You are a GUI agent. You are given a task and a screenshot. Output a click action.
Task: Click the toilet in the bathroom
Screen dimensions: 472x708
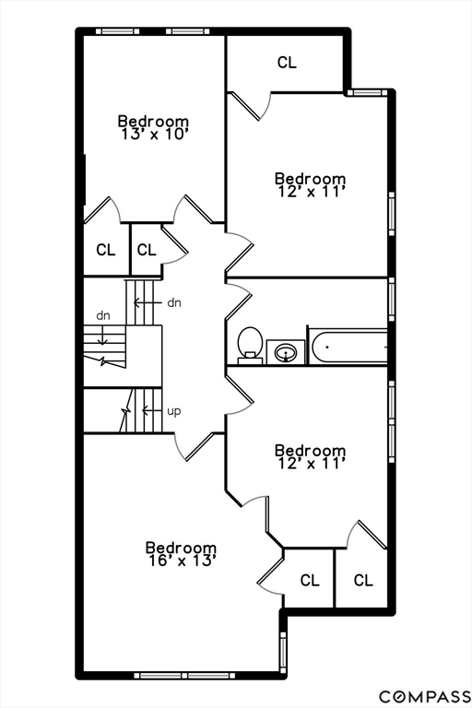[250, 346]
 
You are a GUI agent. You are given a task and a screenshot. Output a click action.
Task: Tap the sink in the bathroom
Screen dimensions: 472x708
[286, 352]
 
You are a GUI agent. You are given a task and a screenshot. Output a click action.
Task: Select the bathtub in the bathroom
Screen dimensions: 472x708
[348, 348]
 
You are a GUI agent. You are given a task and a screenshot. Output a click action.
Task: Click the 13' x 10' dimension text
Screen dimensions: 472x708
[154, 134]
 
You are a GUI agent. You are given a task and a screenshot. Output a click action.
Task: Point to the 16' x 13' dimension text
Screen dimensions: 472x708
[181, 560]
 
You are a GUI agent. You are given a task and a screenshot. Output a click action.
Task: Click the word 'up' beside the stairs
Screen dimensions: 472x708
[174, 411]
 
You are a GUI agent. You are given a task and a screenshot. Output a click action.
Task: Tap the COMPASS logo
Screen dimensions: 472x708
[425, 696]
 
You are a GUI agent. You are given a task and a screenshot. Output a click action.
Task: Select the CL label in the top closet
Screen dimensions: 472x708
[287, 63]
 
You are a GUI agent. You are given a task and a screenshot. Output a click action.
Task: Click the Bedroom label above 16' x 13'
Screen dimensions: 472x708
[181, 548]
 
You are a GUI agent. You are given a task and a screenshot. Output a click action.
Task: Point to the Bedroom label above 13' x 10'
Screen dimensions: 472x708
[154, 121]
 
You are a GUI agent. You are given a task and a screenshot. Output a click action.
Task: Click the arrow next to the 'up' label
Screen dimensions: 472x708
[152, 410]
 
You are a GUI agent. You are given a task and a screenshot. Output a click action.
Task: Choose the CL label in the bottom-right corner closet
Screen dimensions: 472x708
[363, 580]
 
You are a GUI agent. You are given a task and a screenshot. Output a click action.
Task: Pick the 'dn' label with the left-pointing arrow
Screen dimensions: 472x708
[174, 302]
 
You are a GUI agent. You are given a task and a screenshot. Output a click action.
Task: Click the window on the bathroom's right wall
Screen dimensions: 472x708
[392, 300]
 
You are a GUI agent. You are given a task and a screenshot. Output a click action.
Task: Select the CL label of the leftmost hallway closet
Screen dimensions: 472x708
[106, 249]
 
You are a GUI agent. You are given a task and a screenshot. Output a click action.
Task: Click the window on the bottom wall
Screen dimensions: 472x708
[185, 676]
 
